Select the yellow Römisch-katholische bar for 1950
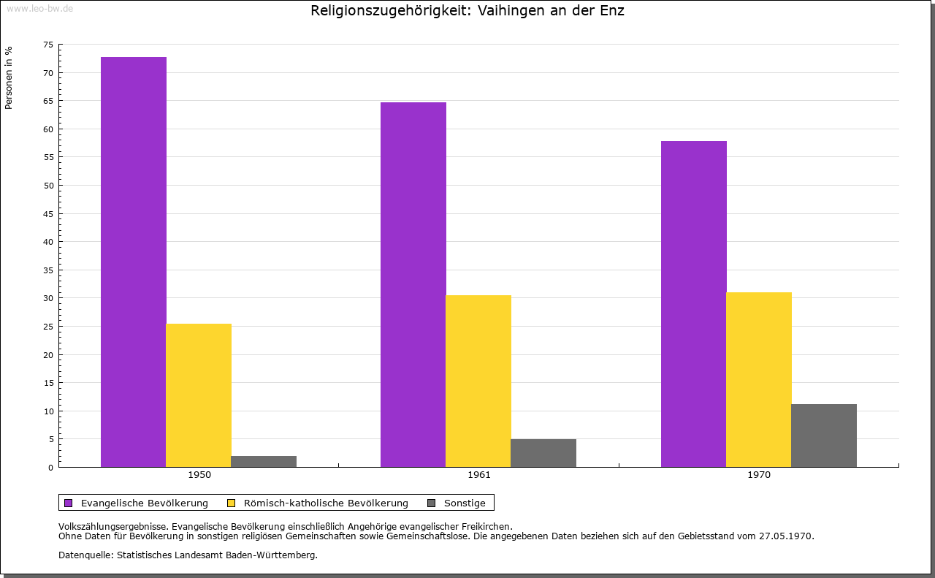(x=199, y=395)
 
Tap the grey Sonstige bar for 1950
(x=264, y=461)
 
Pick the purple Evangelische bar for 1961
(x=413, y=284)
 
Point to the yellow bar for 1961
(x=478, y=381)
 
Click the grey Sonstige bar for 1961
(x=543, y=453)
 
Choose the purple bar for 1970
(x=694, y=303)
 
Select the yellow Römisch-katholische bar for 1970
(x=759, y=379)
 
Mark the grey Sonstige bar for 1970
(x=824, y=436)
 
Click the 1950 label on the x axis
(x=199, y=475)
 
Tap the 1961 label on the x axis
(x=479, y=475)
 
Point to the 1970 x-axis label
(x=759, y=475)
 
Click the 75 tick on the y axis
(x=48, y=45)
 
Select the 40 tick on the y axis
(x=48, y=242)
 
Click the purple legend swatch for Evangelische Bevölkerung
(x=69, y=503)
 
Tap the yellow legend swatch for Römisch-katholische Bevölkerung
(x=232, y=503)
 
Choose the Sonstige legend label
(x=465, y=503)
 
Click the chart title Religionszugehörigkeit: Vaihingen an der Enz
(x=467, y=11)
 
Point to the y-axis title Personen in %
(x=9, y=77)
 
